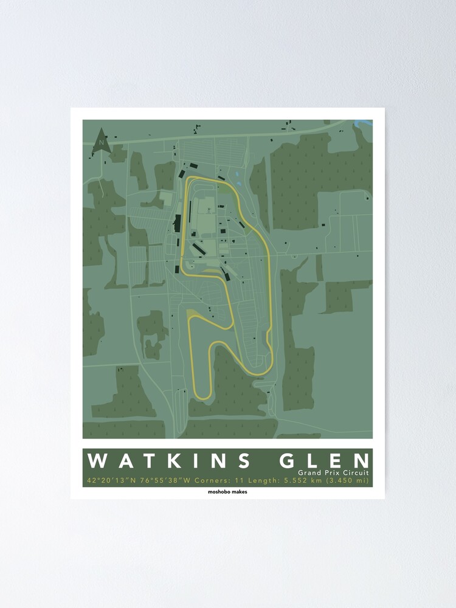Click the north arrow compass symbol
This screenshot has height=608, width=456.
(x=100, y=140)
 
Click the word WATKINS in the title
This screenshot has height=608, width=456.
(x=169, y=461)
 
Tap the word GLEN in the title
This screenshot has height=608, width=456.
(x=323, y=461)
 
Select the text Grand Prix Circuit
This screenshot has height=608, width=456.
(x=333, y=472)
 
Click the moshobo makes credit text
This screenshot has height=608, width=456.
(x=227, y=492)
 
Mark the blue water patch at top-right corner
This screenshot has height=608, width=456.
(x=365, y=123)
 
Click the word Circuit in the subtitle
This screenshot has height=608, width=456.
(x=353, y=472)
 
